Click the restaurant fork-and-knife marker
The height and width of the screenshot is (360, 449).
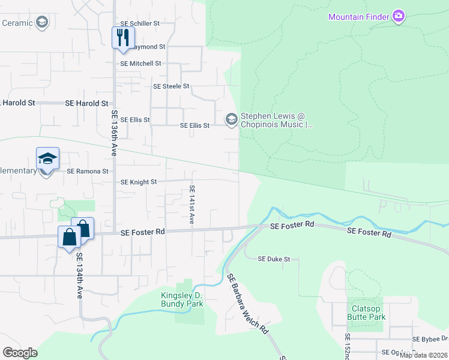tap(122, 37)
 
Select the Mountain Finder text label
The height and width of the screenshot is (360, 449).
tap(358, 17)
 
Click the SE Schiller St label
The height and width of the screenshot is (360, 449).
tap(139, 23)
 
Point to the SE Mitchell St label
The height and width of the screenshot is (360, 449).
tap(140, 63)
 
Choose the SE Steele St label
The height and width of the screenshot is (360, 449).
tap(171, 86)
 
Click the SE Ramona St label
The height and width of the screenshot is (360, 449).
tap(88, 171)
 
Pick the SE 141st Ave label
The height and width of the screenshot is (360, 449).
tap(192, 205)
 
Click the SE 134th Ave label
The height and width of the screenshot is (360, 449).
tap(79, 275)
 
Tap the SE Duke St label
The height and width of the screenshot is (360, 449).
tap(274, 259)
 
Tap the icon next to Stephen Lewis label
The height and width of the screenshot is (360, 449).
tap(231, 120)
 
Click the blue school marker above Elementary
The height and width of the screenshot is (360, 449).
tap(47, 159)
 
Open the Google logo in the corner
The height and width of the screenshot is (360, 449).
tap(20, 353)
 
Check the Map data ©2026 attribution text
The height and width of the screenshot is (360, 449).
tap(423, 355)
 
